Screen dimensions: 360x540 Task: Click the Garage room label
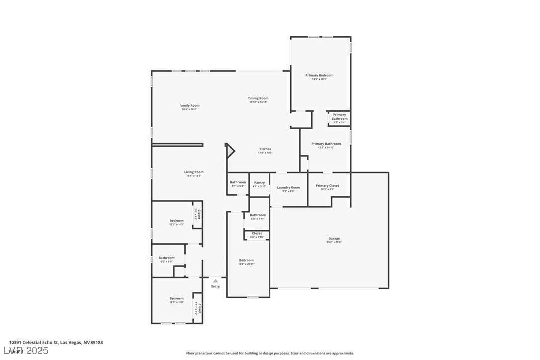[x=334, y=239]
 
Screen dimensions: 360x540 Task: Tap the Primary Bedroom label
[x=319, y=75]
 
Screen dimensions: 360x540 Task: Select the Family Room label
[x=189, y=106]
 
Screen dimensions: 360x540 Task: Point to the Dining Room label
[x=258, y=98]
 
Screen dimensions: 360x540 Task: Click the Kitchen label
[x=265, y=149]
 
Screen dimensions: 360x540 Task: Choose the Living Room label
[x=194, y=172]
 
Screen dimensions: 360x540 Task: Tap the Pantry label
[x=259, y=183]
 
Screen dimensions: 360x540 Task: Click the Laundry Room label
[x=288, y=188]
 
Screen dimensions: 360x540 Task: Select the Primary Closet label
[x=328, y=186]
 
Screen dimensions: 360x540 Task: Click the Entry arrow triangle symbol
[x=215, y=281]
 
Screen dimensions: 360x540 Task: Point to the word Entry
[x=215, y=286]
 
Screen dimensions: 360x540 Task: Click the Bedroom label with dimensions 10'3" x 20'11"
[x=246, y=260]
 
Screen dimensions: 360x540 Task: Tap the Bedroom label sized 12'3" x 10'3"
[x=177, y=221]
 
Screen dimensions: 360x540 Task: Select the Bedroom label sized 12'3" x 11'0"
[x=177, y=299]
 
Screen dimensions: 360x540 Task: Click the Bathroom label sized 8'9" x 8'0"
[x=166, y=258]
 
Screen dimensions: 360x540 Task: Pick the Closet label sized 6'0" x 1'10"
[x=257, y=234]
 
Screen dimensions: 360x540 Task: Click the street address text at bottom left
[x=56, y=342]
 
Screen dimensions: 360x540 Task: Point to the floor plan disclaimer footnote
[x=270, y=353]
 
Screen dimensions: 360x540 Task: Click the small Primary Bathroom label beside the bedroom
[x=340, y=117]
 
